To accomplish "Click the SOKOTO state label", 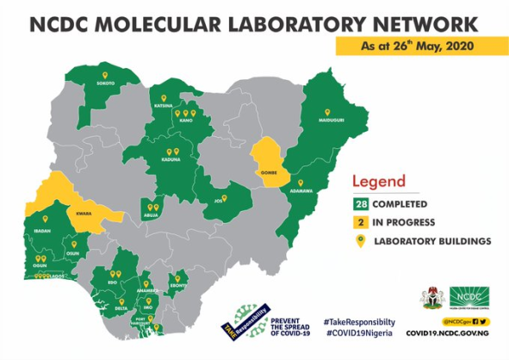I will [106, 83].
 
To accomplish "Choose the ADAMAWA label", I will [300, 192].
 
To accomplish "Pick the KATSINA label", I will [164, 105].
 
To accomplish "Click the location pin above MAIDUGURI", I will [327, 112].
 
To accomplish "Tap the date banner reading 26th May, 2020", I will [417, 43].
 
